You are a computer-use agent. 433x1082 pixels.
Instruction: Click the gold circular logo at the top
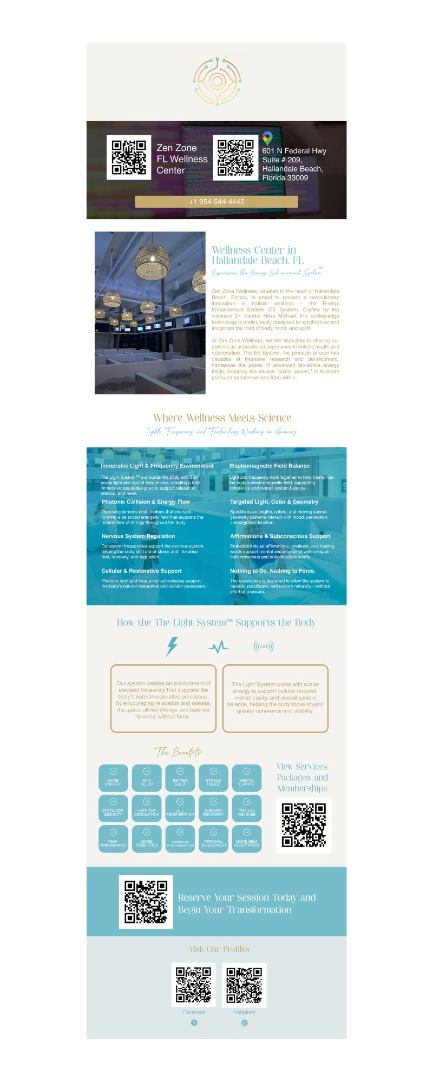pyautogui.click(x=216, y=82)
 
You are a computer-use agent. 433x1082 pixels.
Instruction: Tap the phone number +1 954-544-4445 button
pyautogui.click(x=216, y=202)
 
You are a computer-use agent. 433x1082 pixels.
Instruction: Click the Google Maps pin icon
pyautogui.click(x=267, y=138)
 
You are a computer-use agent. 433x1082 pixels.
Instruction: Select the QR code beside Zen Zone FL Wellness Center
pyautogui.click(x=129, y=157)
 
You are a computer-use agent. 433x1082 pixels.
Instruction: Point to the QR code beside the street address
pyautogui.click(x=235, y=157)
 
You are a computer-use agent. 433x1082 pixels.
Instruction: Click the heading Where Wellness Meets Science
pyautogui.click(x=222, y=418)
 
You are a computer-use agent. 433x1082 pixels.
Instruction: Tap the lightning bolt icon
pyautogui.click(x=172, y=646)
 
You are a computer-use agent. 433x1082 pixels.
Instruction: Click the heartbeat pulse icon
pyautogui.click(x=218, y=647)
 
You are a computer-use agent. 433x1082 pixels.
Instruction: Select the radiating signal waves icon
pyautogui.click(x=264, y=646)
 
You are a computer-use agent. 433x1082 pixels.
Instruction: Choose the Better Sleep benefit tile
pyautogui.click(x=180, y=778)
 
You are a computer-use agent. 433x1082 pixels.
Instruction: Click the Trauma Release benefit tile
pyautogui.click(x=247, y=808)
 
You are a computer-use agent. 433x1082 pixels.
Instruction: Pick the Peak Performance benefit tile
pyautogui.click(x=113, y=839)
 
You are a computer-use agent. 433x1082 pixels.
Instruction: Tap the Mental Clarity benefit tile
pyautogui.click(x=247, y=778)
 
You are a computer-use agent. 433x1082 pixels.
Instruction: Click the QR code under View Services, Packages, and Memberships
pyautogui.click(x=304, y=825)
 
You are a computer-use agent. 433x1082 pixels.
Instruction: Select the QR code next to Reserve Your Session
pyautogui.click(x=146, y=902)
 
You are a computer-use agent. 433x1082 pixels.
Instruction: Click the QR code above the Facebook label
pyautogui.click(x=194, y=985)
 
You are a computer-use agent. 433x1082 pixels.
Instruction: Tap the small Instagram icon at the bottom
pyautogui.click(x=245, y=1022)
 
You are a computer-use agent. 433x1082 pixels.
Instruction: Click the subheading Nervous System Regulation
pyautogui.click(x=138, y=536)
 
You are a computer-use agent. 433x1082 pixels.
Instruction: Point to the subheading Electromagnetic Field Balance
pyautogui.click(x=270, y=466)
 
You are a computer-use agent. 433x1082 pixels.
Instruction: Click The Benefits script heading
pyautogui.click(x=178, y=752)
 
